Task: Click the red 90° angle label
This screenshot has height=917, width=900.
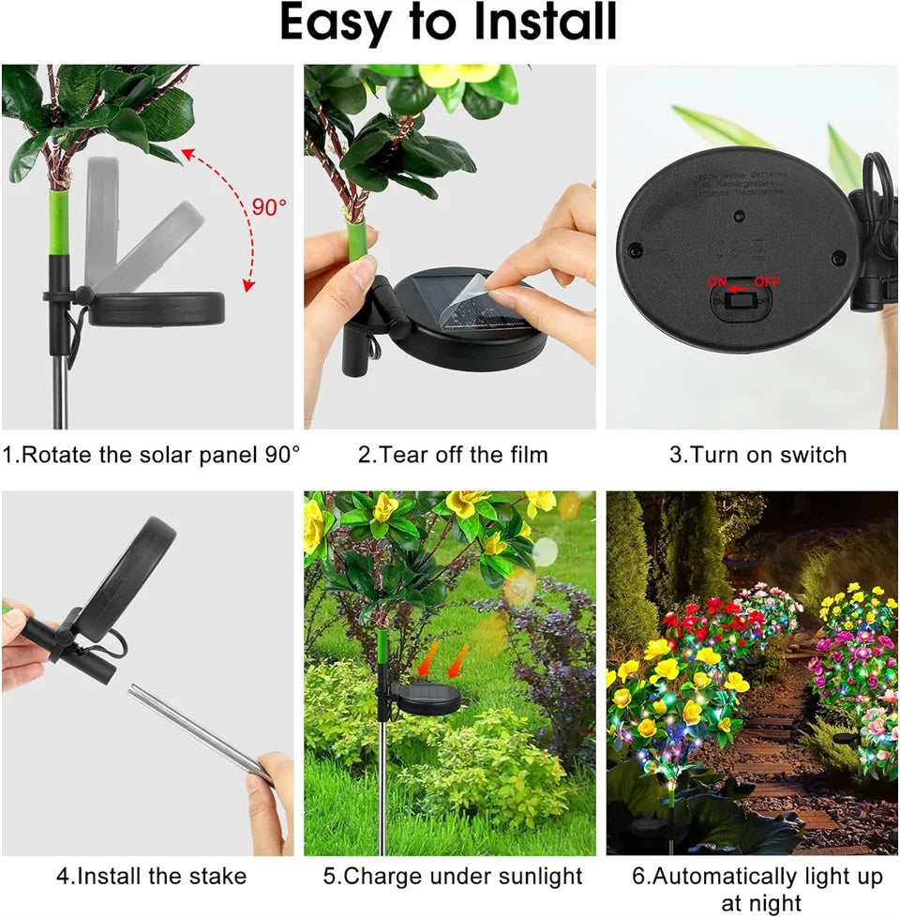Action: click(x=269, y=206)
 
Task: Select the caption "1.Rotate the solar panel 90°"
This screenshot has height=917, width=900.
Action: click(x=151, y=456)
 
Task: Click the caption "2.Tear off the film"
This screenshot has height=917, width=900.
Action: click(x=453, y=456)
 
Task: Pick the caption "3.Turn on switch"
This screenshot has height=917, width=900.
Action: click(x=757, y=456)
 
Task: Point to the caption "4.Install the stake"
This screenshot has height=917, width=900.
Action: click(x=151, y=877)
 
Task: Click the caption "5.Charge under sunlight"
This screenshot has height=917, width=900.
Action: click(x=453, y=877)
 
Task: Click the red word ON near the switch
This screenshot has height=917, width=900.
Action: click(x=716, y=279)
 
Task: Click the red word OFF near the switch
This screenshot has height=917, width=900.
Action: click(x=765, y=279)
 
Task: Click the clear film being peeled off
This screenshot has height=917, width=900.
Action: click(x=469, y=300)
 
